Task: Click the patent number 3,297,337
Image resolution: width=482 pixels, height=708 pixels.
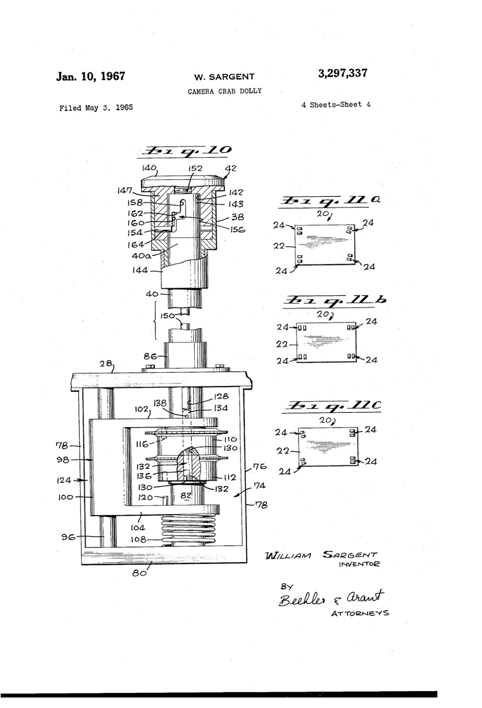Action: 342,73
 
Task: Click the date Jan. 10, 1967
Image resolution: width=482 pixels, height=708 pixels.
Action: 91,76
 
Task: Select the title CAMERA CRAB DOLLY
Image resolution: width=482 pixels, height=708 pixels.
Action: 224,91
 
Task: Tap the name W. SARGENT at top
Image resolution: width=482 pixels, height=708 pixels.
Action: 224,77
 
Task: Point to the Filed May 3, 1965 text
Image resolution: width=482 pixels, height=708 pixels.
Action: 96,108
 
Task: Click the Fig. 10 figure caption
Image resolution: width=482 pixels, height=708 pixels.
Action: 185,151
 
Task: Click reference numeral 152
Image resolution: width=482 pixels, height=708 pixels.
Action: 195,168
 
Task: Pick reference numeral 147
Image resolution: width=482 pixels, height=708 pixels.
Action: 124,190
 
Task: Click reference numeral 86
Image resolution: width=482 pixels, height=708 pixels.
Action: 150,355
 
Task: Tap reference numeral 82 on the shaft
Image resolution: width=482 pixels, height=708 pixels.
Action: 186,496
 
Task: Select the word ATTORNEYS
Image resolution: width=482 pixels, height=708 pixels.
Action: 360,613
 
